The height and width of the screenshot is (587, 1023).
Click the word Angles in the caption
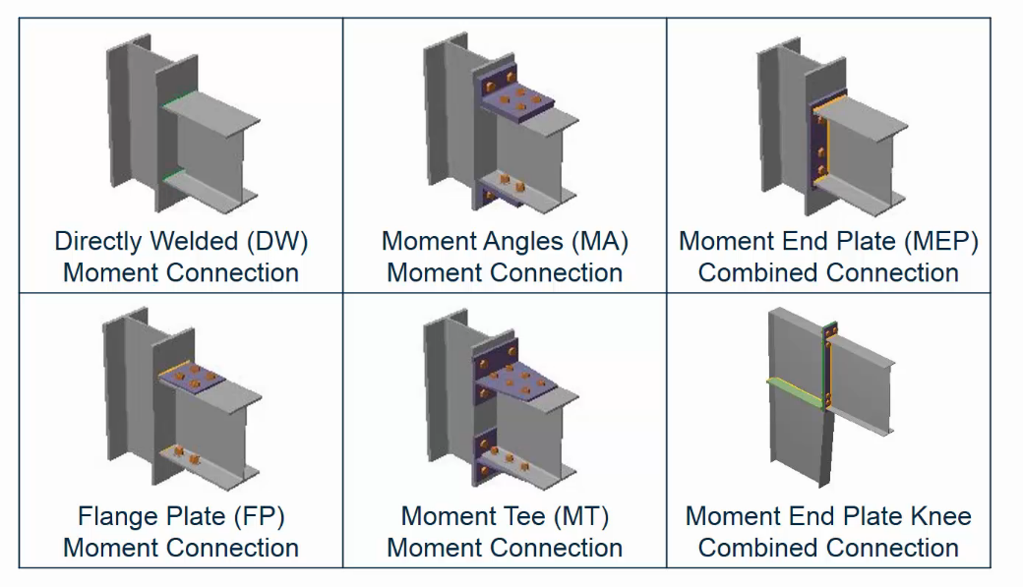[x=514, y=242]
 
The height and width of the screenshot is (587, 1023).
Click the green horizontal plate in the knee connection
[x=796, y=389]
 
